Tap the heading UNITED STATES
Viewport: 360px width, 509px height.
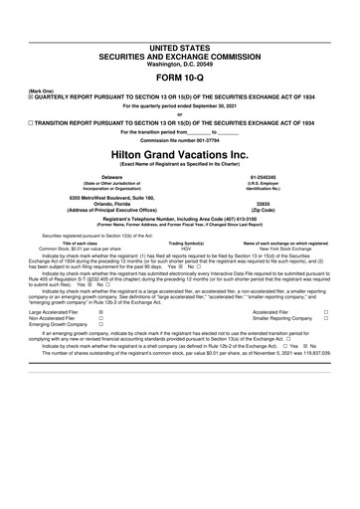[179, 21]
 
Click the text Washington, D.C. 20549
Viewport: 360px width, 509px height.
[179, 37]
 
